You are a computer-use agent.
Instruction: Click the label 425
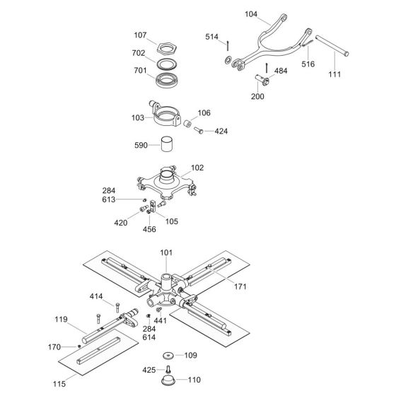[x=148, y=370]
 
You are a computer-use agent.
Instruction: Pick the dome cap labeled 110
[x=169, y=380]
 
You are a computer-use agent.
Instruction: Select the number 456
[x=150, y=230]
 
